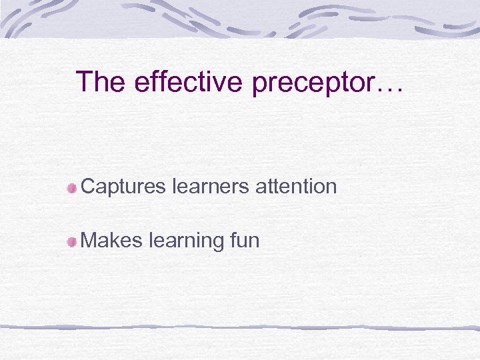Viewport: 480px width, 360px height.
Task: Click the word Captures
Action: [123, 187]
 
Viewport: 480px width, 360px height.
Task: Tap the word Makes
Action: [111, 240]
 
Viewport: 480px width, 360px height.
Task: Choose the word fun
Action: [244, 240]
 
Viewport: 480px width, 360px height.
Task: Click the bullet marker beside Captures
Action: [71, 189]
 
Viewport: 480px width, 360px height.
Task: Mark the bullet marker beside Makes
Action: [71, 242]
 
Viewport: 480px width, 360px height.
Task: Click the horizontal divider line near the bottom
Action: [240, 327]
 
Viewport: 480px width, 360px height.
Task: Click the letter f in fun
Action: [232, 239]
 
